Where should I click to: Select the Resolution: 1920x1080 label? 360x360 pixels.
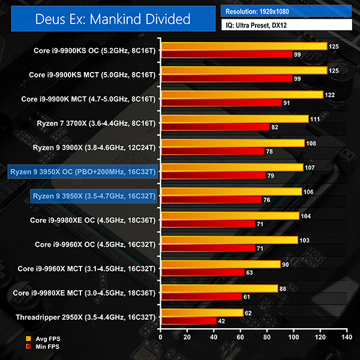[x=287, y=11]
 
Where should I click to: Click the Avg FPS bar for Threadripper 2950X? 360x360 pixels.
[x=202, y=313]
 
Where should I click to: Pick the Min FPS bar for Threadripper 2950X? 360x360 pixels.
[x=188, y=320]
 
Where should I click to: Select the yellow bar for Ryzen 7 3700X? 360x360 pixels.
[x=234, y=119]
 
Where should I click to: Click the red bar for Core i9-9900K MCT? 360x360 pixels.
[x=221, y=103]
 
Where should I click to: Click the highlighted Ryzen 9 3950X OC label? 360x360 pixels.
[x=83, y=172]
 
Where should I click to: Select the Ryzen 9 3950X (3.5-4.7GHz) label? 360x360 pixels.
[x=94, y=196]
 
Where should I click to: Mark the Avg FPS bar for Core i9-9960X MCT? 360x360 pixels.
[x=220, y=265]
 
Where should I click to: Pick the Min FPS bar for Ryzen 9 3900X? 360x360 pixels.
[x=212, y=151]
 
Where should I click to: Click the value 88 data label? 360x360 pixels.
[x=283, y=289]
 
